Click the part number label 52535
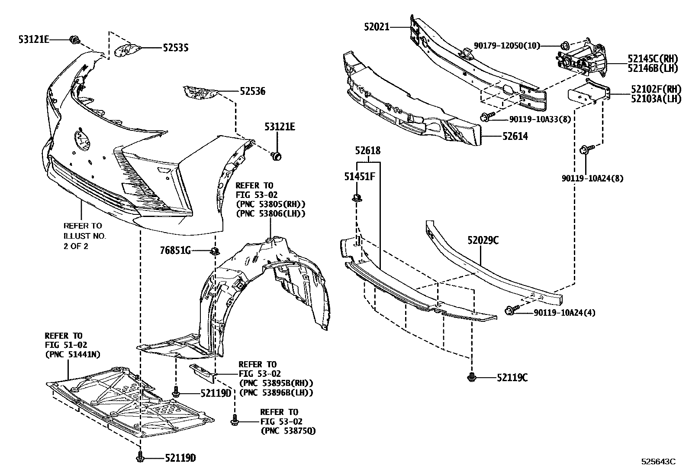pyautogui.click(x=175, y=48)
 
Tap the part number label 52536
pyautogui.click(x=253, y=91)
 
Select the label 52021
pyautogui.click(x=377, y=27)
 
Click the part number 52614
pyautogui.click(x=515, y=136)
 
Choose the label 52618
pyautogui.click(x=368, y=151)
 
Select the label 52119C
pyautogui.click(x=512, y=378)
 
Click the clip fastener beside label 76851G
pyautogui.click(x=215, y=250)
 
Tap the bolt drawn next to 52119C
pyautogui.click(x=472, y=378)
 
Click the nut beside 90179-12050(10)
pyautogui.click(x=565, y=45)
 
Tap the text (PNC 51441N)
pyautogui.click(x=72, y=354)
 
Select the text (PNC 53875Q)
pyautogui.click(x=288, y=431)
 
